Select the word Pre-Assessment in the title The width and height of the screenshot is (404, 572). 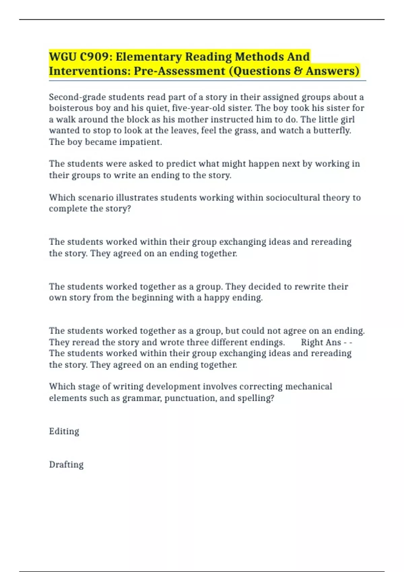click(179, 71)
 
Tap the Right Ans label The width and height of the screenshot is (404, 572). click(321, 343)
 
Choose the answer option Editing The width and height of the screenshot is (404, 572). click(64, 431)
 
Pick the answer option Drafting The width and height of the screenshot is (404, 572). click(66, 465)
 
